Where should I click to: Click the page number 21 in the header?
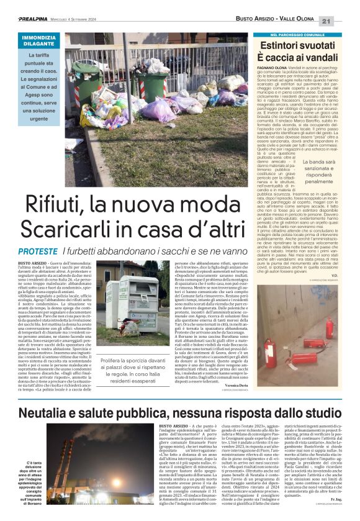point(344,21)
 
